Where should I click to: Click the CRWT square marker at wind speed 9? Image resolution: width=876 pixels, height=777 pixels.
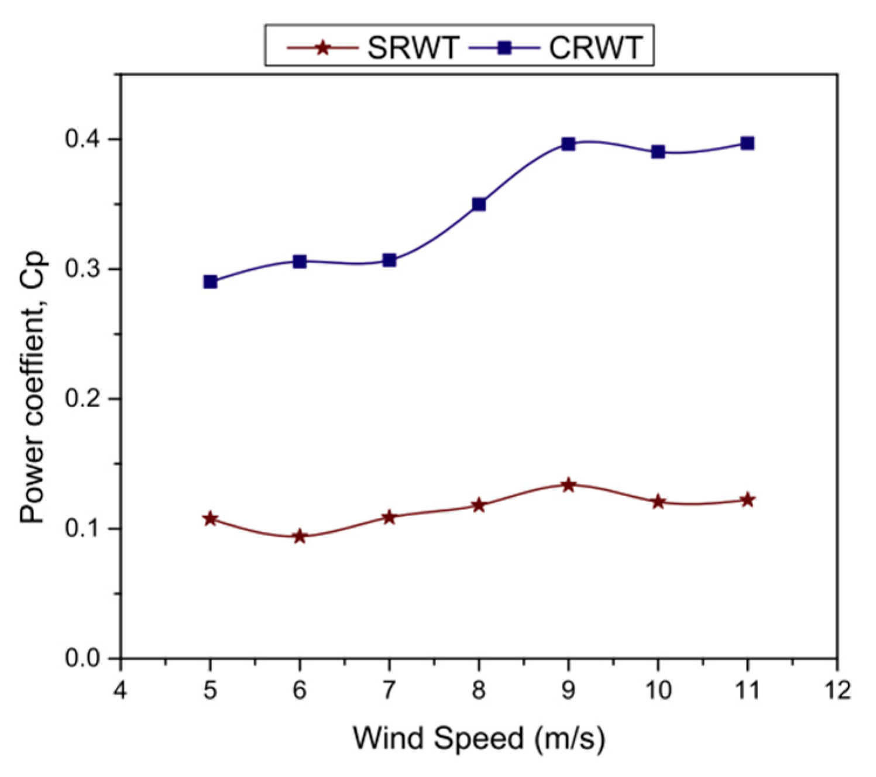pos(568,144)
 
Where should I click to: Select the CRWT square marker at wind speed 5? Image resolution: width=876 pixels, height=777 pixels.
pos(211,282)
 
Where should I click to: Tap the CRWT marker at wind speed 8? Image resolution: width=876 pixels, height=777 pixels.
pos(479,204)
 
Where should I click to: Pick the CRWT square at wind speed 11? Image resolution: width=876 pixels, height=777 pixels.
pos(747,143)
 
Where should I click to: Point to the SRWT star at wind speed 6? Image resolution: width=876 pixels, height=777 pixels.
pos(300,536)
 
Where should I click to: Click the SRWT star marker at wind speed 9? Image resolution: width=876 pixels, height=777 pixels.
pos(568,485)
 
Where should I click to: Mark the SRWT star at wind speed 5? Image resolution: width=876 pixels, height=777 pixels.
pos(211,519)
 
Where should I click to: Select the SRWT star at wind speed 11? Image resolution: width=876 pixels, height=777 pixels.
pos(747,500)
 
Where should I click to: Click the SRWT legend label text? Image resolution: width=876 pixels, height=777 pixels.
pos(413,47)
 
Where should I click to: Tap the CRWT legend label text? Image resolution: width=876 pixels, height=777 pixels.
pos(596,47)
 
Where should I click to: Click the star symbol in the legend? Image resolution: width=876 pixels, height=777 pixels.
pos(322,47)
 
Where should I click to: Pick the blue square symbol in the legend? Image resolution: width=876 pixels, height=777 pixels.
pos(504,47)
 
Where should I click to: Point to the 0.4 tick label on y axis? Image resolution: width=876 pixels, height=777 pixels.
pos(83,140)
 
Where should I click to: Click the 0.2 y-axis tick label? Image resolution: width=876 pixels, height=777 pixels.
pos(83,399)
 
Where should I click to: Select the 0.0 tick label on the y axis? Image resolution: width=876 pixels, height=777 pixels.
pos(83,658)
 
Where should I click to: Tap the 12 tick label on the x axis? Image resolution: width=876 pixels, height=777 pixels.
pos(837,691)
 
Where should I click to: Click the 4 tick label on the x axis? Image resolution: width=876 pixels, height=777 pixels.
pos(121,691)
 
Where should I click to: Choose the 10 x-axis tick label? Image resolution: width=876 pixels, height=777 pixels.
pos(658,691)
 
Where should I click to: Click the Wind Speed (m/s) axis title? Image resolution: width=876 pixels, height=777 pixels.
pos(479,738)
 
